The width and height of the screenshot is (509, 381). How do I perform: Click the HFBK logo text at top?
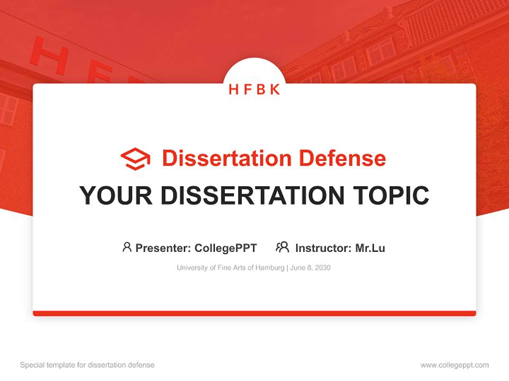click(254, 89)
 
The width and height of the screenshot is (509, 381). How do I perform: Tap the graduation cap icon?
click(135, 159)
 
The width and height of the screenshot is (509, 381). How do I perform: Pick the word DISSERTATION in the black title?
click(252, 195)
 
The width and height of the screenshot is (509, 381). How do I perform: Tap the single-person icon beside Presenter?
click(127, 247)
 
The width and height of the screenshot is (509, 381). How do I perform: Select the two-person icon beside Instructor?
click(282, 247)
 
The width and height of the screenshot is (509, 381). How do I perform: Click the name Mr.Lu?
click(370, 248)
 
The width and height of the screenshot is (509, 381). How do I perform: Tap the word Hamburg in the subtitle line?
click(270, 268)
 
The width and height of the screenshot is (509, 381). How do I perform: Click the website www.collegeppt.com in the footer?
click(454, 365)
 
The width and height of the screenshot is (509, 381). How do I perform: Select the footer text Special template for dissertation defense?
click(87, 365)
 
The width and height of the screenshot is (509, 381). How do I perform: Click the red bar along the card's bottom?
click(254, 313)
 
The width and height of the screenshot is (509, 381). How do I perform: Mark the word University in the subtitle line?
click(192, 268)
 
